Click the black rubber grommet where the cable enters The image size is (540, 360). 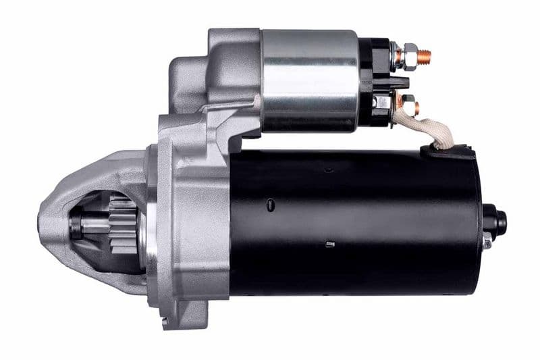click(449, 151)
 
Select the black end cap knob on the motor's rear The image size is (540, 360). click(495, 220)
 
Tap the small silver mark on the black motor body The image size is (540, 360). click(330, 243)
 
